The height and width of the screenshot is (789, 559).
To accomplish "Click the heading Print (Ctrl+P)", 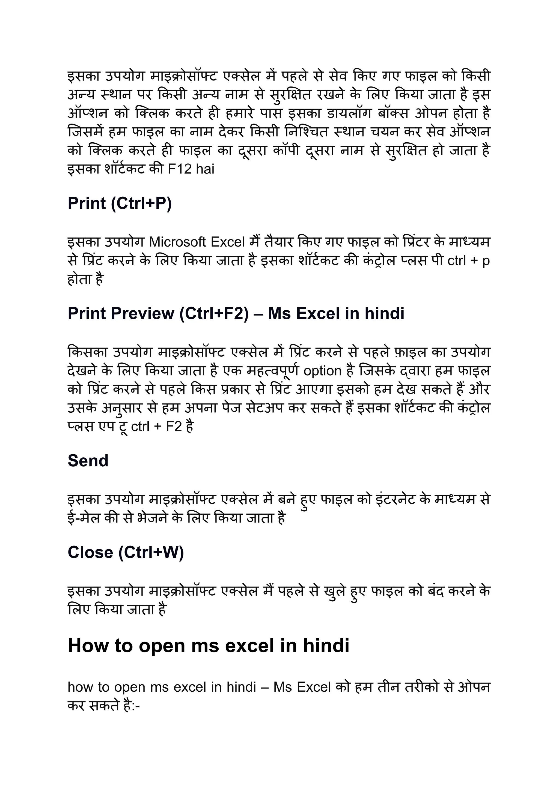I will [120, 203].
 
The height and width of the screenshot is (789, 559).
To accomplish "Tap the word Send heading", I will [88, 461].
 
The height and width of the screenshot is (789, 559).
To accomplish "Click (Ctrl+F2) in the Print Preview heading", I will [214, 314].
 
